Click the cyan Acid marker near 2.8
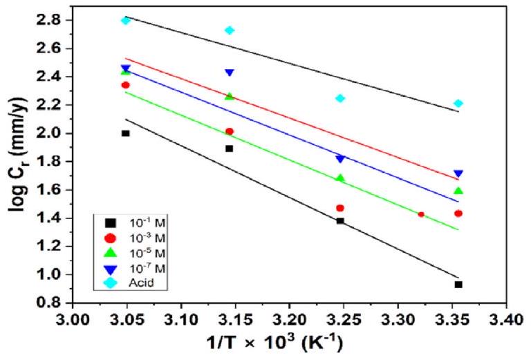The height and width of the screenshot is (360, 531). [125, 20]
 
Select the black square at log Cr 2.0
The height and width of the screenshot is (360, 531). [125, 133]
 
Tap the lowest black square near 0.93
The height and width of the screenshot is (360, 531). [458, 285]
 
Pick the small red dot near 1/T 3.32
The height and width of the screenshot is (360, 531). [421, 214]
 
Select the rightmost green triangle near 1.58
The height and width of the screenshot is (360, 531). [458, 191]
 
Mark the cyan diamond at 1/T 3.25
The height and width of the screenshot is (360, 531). [340, 98]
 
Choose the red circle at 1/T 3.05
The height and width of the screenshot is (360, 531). [125, 85]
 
